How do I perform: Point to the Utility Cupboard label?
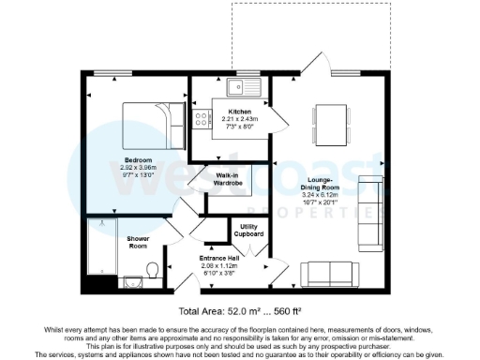[249, 230]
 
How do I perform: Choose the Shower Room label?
[139, 242]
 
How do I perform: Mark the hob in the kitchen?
[199, 119]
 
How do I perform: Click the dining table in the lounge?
[330, 123]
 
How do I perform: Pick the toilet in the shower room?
[152, 272]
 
